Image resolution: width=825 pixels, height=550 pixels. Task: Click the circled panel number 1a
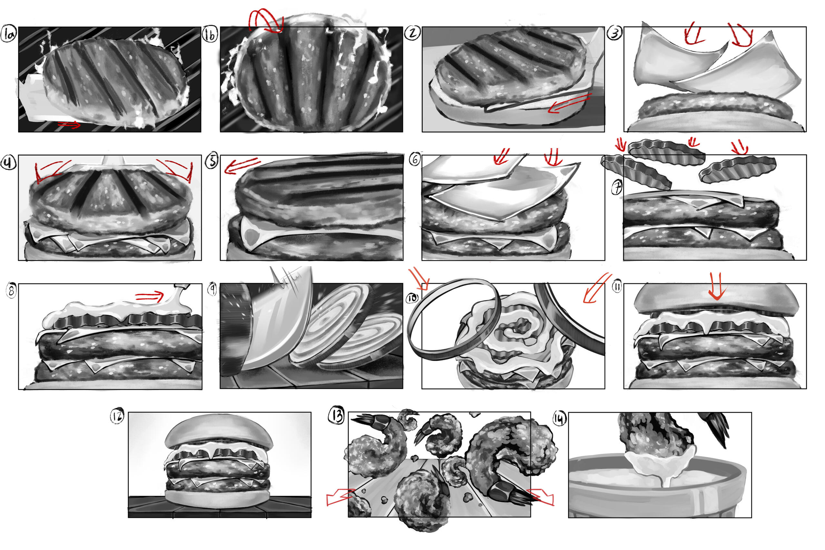pyautogui.click(x=8, y=34)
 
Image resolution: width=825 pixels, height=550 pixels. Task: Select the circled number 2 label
pyautogui.click(x=412, y=33)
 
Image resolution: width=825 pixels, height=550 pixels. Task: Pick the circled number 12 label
pyautogui.click(x=117, y=416)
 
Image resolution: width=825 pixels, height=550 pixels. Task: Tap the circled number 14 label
pyautogui.click(x=559, y=418)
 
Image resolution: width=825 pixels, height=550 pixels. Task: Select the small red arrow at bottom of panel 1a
pyautogui.click(x=69, y=124)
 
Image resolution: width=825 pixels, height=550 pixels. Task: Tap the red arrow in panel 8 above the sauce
pyautogui.click(x=150, y=296)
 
